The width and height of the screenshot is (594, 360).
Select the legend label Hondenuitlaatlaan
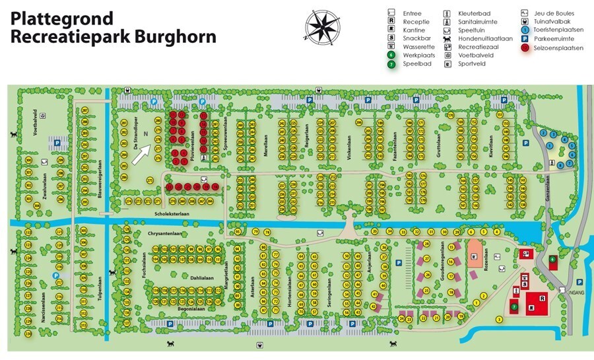[x=485, y=38]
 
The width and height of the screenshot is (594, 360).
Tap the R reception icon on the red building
[x=541, y=299]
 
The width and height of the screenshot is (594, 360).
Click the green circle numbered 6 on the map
[x=552, y=260]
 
